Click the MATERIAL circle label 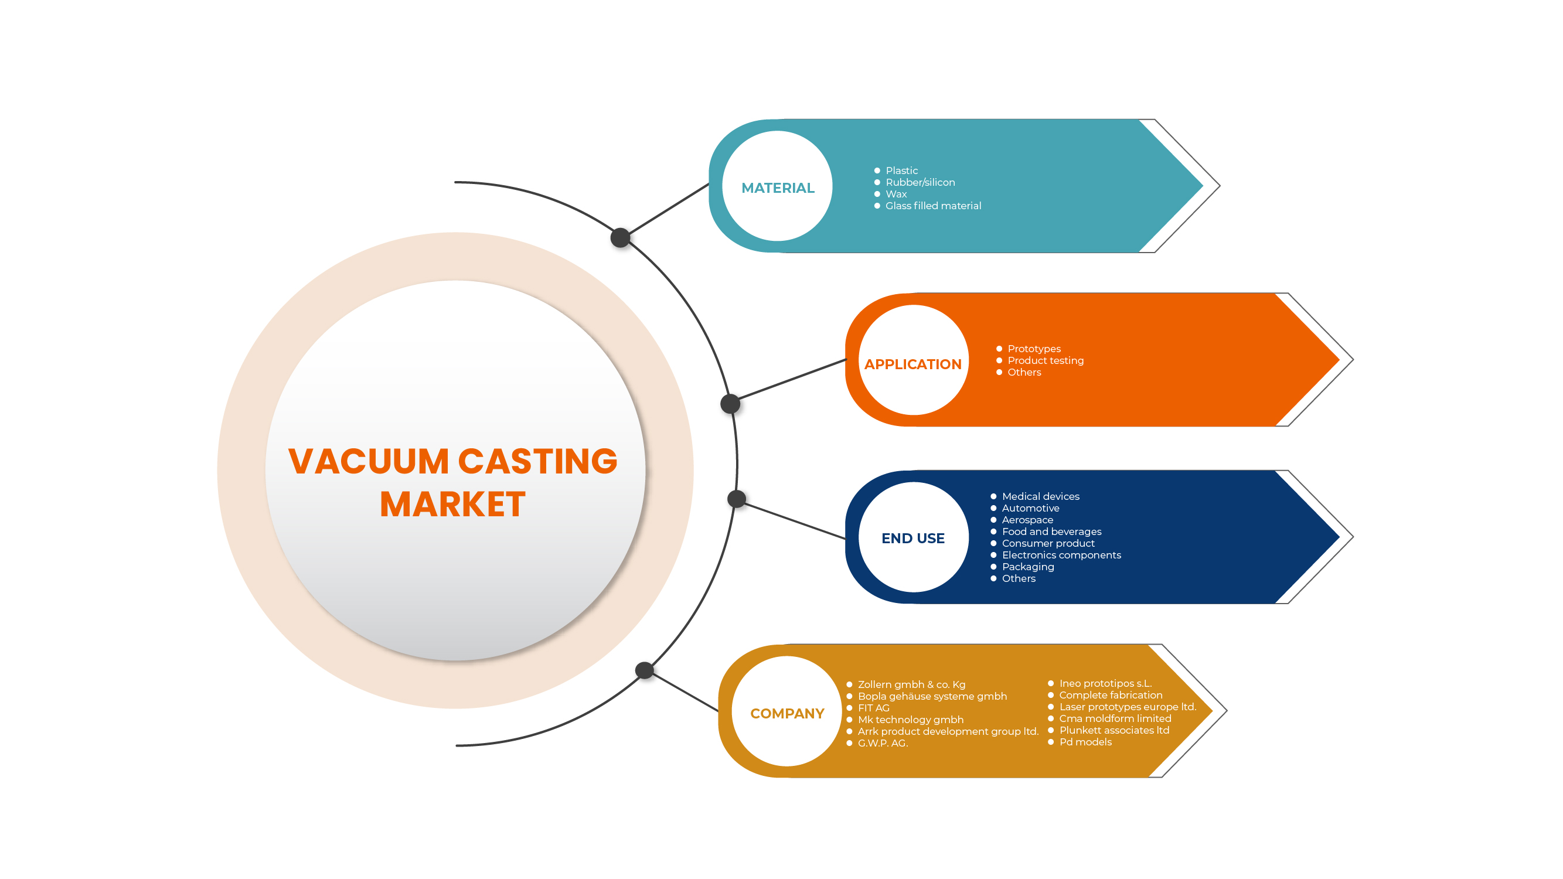[x=777, y=188]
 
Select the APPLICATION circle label [x=912, y=364]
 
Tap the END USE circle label [x=912, y=538]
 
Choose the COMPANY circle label [x=787, y=713]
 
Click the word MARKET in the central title [x=452, y=504]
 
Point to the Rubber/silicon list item [x=920, y=182]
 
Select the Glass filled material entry [x=932, y=206]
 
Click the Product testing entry [x=1045, y=360]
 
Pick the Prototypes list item [x=1034, y=349]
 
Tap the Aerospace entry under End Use [x=1027, y=520]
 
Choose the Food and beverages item [x=1051, y=532]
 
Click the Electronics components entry [x=1061, y=555]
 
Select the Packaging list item [x=1027, y=567]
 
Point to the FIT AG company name [x=873, y=708]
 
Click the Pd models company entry [x=1085, y=742]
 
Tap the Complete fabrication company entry [x=1111, y=695]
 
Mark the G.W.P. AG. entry [x=882, y=743]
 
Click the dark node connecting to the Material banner [x=620, y=237]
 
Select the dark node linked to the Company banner [x=645, y=670]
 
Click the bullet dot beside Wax [x=877, y=194]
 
